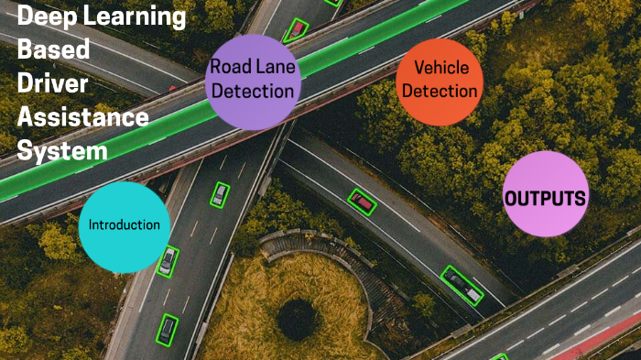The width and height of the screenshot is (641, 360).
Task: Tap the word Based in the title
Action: pos(54,50)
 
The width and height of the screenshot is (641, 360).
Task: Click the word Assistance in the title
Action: pos(82,116)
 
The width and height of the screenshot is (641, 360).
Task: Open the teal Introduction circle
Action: pos(124,226)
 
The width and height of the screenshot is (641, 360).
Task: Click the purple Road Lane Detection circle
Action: pos(252,80)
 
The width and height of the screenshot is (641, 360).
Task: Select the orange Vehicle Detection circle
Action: pos(440,82)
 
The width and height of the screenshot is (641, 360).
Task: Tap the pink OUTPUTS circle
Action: pos(545,195)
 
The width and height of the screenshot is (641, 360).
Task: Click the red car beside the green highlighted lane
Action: pos(296,29)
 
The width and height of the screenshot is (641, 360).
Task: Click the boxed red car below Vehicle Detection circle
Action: pos(363,202)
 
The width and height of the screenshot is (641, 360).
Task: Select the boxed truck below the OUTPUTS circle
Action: pos(462,286)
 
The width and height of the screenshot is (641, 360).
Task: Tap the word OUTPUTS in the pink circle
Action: pos(545,198)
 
